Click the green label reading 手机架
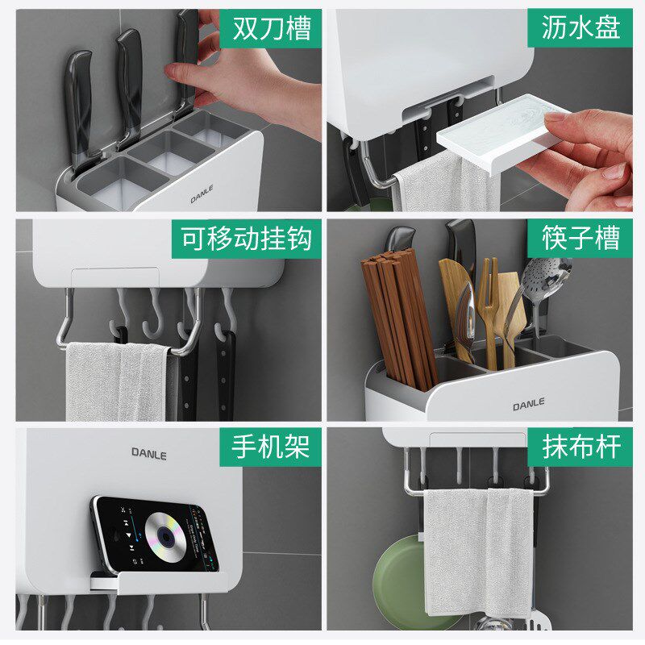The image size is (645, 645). point(271,447)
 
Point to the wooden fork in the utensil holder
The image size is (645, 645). point(487,306)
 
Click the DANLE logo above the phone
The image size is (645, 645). point(149,454)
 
